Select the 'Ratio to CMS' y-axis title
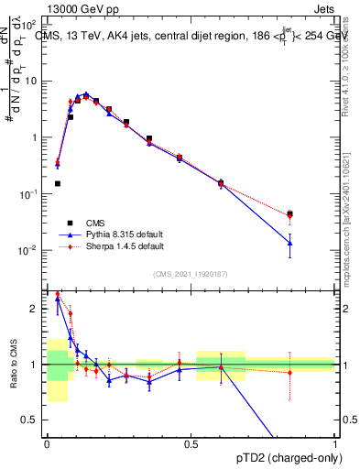(x=13, y=364)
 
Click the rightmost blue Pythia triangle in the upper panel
(x=289, y=243)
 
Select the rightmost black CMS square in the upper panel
(x=289, y=214)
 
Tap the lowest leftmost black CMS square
(x=58, y=183)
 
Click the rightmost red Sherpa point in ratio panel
(x=289, y=372)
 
